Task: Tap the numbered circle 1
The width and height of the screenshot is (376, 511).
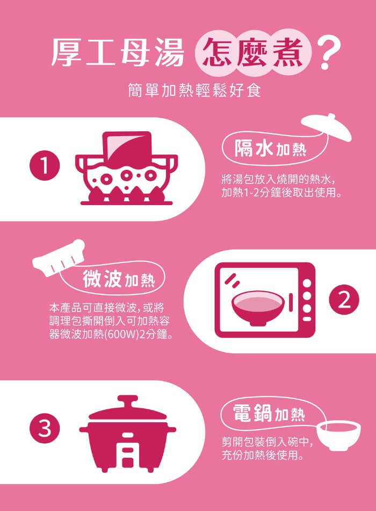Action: (x=45, y=165)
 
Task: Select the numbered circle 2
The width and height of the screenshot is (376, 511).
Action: (x=344, y=300)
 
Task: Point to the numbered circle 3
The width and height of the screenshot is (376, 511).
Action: (x=45, y=428)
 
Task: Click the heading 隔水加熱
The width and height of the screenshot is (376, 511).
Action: (x=270, y=149)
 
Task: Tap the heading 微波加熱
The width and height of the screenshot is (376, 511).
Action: (x=119, y=279)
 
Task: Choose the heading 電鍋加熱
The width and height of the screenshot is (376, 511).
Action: (x=269, y=413)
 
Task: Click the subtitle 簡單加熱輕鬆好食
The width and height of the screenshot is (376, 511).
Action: (x=194, y=90)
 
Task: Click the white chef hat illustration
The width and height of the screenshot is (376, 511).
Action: (x=59, y=258)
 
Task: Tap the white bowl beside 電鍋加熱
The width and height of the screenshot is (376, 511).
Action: (x=338, y=435)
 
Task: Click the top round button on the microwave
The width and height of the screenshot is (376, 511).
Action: (x=307, y=283)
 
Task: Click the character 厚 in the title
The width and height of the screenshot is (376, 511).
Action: (x=66, y=52)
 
